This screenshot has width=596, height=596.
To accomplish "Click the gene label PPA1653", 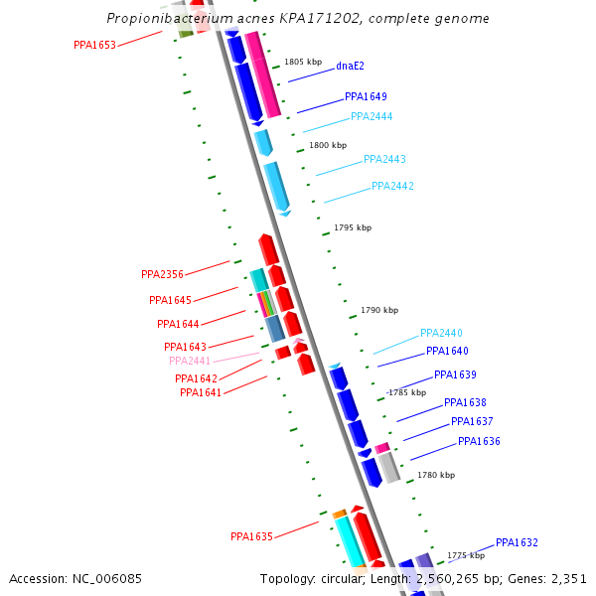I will tap(94, 45).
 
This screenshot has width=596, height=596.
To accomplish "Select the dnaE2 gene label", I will tap(350, 66).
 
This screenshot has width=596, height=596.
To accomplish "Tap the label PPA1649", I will tap(366, 97).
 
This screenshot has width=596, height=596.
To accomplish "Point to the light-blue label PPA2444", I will tap(372, 116).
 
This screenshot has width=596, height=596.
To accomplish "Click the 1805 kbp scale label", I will tap(303, 62).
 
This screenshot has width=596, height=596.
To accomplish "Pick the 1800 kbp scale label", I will tap(328, 145).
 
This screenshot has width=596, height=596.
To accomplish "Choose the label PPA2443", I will tap(384, 159).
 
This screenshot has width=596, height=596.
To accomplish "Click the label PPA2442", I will tap(392, 186).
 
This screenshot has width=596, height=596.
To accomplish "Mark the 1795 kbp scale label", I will tap(353, 227).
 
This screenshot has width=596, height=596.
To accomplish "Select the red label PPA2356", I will tap(162, 274).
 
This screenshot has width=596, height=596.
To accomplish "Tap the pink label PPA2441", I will tap(190, 361).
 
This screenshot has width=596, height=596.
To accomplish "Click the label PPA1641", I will tap(201, 392).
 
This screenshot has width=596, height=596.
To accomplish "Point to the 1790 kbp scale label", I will tap(379, 310).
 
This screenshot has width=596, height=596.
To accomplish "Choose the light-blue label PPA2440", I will tap(441, 333).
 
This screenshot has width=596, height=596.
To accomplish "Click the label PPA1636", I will tap(479, 441).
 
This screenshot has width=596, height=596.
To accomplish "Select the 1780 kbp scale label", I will tap(436, 475).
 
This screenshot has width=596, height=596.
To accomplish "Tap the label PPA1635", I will tap(251, 536).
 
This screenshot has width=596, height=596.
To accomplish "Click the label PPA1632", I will tap(517, 542).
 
